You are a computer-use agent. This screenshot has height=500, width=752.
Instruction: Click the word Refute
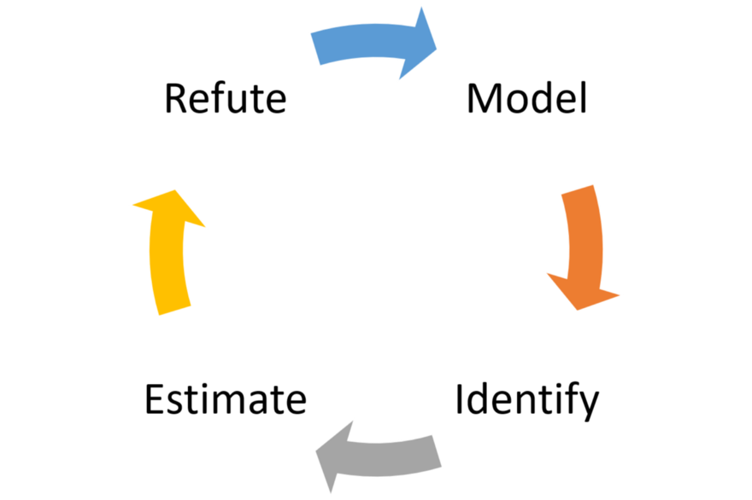pos(226,98)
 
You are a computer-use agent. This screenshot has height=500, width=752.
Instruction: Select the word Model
pos(526,98)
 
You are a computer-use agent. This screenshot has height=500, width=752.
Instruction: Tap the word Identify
pos(526,401)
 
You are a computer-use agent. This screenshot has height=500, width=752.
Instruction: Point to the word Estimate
pos(226,399)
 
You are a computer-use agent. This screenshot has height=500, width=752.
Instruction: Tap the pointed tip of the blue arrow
pos(437,49)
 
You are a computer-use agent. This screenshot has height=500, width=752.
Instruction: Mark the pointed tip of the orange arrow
pos(578,310)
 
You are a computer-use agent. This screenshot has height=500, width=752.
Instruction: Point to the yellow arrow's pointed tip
pos(175,190)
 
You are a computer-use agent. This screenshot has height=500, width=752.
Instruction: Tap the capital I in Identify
pos(459,399)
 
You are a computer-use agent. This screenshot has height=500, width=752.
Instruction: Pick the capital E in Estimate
pos(155,399)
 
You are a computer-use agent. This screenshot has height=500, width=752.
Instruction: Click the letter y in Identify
pos(589,407)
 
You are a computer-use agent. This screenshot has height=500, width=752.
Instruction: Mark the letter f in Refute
pos(218,98)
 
